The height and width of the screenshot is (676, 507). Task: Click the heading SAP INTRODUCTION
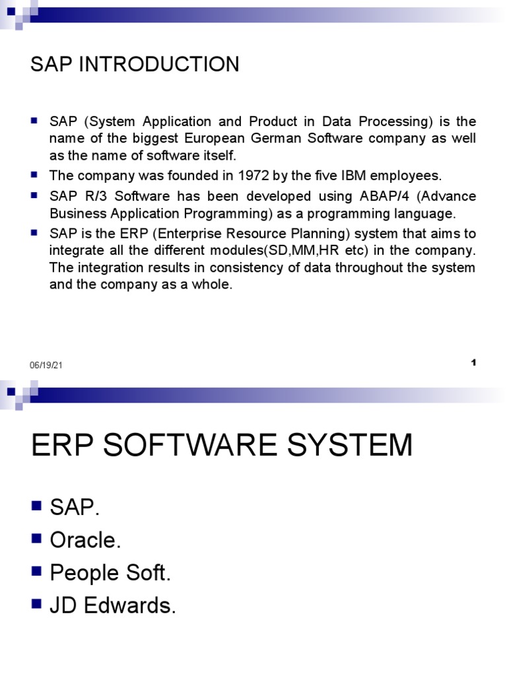135,65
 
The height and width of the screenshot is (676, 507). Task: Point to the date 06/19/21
46,366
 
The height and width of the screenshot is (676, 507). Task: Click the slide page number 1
474,362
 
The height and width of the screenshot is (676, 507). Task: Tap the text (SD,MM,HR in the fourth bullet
288,251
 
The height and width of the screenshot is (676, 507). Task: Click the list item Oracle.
86,540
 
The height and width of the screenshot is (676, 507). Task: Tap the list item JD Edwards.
113,606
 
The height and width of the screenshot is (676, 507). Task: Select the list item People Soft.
111,573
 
